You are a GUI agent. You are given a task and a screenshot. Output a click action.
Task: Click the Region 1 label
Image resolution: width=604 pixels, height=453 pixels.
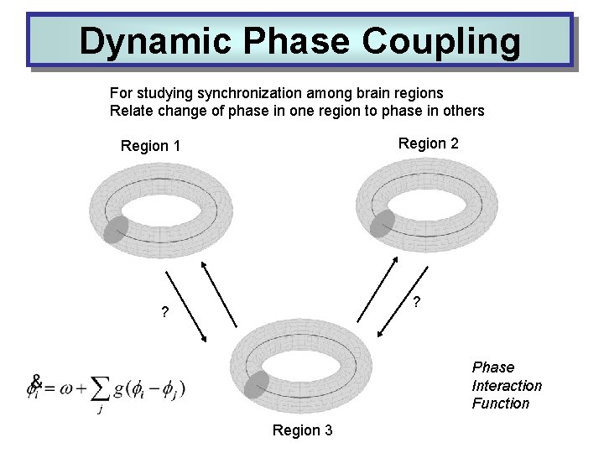(x=151, y=147)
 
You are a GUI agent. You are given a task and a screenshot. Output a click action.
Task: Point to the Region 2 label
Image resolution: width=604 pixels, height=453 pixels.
(x=428, y=143)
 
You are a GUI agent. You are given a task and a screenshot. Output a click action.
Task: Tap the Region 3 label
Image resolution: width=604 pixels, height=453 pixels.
(x=302, y=430)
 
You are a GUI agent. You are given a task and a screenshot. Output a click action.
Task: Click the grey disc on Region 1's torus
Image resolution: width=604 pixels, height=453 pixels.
(x=116, y=229)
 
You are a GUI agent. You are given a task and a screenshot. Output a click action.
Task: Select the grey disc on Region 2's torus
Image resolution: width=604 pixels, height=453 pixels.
(x=383, y=223)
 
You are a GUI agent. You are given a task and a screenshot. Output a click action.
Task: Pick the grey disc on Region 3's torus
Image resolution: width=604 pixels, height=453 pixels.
(x=257, y=384)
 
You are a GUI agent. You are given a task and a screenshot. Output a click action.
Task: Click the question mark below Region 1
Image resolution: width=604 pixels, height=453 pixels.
(x=165, y=314)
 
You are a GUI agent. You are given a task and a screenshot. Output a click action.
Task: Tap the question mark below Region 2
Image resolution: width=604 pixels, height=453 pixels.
(x=417, y=302)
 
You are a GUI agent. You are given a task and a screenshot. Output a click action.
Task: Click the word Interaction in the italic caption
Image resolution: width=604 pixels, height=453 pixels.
(x=507, y=386)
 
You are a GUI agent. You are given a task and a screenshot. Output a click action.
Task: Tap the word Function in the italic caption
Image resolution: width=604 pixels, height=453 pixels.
(x=501, y=404)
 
